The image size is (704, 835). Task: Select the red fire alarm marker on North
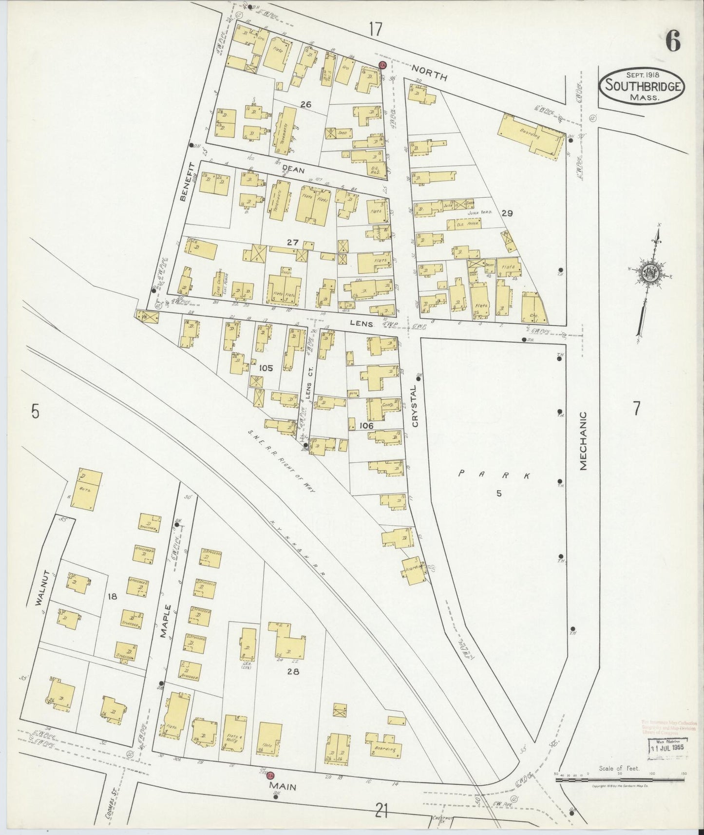click(382, 65)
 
